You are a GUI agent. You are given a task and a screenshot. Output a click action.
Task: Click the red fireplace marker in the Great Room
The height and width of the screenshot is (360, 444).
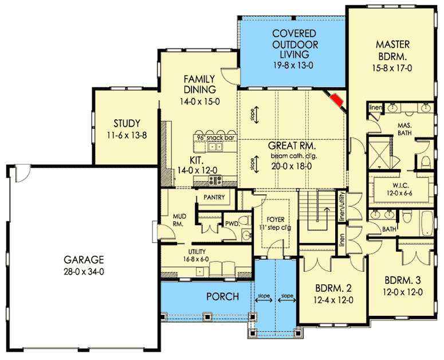337,100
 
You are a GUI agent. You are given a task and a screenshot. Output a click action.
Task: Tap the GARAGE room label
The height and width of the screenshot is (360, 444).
84,260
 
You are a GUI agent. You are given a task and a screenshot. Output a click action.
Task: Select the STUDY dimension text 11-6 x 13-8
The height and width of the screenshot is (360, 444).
127,135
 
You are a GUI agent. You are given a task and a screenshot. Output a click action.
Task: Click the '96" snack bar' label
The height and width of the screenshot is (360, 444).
216,138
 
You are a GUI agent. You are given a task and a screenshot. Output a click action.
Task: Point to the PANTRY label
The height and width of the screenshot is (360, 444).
214,197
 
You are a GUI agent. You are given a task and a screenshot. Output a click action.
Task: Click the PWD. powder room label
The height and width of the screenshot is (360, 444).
233,224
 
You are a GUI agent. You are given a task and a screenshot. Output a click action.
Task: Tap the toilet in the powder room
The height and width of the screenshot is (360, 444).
245,220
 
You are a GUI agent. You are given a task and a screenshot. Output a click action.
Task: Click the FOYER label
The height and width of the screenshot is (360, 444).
276,220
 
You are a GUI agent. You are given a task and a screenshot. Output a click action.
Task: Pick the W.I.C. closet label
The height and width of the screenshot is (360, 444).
400,186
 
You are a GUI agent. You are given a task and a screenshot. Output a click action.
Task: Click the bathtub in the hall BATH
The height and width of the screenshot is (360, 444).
427,223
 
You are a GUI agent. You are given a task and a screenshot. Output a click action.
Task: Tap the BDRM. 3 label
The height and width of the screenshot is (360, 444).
403,280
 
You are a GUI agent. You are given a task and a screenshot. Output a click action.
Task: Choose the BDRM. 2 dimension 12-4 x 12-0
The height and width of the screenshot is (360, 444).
333,300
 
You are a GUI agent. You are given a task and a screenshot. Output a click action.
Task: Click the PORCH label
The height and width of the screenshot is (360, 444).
222,296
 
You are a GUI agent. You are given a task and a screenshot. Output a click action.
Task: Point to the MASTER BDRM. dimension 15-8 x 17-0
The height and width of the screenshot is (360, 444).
392,68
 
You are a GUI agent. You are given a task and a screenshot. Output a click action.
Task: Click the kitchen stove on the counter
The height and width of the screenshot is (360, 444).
216,179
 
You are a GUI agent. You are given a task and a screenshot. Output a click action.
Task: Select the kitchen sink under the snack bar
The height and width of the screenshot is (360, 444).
215,146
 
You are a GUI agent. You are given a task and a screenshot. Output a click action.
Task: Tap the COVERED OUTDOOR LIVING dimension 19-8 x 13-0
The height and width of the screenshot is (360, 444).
293,65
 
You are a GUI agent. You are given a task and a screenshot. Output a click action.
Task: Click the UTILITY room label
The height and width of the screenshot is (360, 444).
197,252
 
